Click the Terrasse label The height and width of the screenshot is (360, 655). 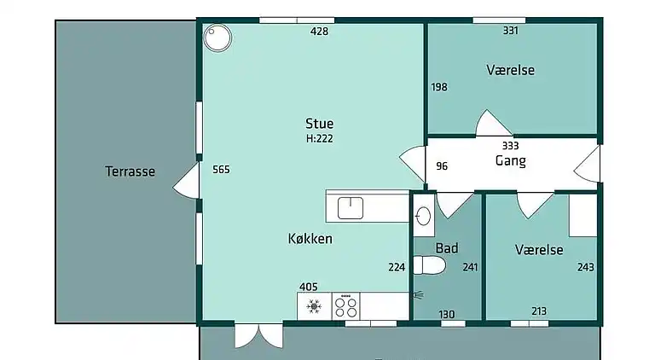[x=130, y=171]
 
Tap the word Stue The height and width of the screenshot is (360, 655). [x=319, y=124]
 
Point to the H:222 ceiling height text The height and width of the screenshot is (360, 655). [x=319, y=138]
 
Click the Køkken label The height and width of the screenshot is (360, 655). [x=310, y=239]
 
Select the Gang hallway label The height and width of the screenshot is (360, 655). [x=510, y=160]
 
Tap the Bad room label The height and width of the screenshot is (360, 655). [x=447, y=248]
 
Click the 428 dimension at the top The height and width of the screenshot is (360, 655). [x=319, y=32]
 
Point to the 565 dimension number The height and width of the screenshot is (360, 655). [x=221, y=170]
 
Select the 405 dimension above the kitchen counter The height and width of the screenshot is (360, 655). [x=308, y=287]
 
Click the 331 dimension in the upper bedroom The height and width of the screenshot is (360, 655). [x=511, y=31]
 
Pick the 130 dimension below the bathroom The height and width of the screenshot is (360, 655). [x=447, y=314]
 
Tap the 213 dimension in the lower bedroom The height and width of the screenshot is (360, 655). [x=538, y=311]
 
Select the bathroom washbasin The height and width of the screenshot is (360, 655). [x=423, y=217]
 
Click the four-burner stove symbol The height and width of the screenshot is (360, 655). [x=346, y=305]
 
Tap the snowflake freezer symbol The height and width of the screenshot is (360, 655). [x=313, y=305]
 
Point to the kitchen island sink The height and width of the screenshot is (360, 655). [x=351, y=207]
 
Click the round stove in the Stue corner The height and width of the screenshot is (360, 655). [x=217, y=37]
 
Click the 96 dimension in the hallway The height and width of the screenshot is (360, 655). [x=442, y=166]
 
